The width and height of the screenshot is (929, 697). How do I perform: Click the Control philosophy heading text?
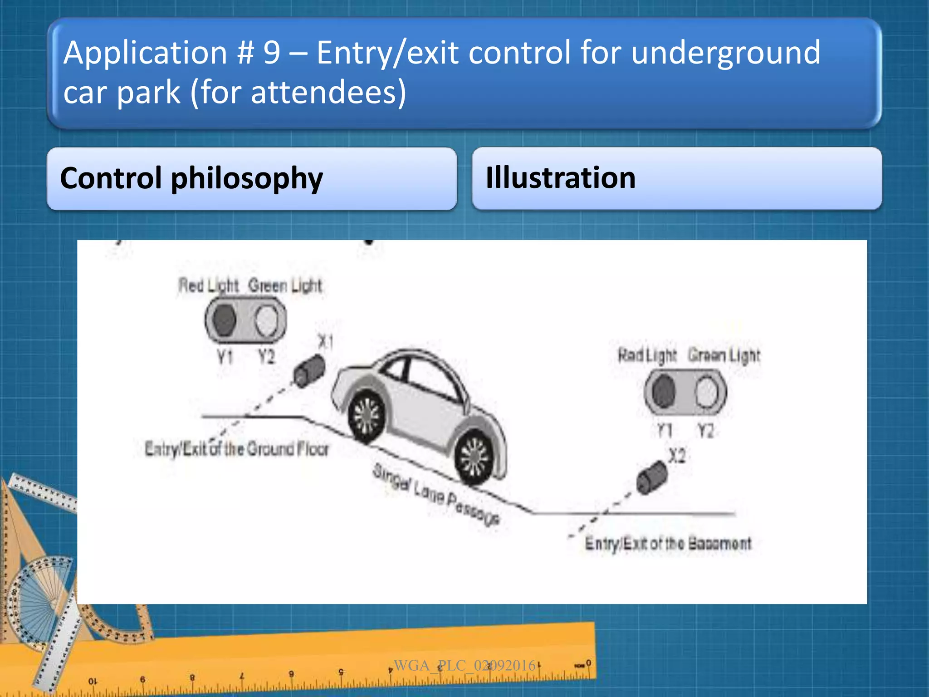pyautogui.click(x=191, y=178)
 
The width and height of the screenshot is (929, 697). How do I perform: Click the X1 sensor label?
pyautogui.click(x=325, y=341)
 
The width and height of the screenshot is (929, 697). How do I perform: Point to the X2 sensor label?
pyautogui.click(x=676, y=455)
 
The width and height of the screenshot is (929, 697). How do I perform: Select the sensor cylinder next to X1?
pyautogui.click(x=309, y=371)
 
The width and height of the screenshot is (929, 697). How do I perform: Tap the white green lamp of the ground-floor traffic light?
pyautogui.click(x=266, y=320)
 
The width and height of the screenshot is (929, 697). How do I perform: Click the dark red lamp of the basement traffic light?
pyautogui.click(x=664, y=392)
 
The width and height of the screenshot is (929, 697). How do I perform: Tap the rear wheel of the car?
pyautogui.click(x=367, y=415)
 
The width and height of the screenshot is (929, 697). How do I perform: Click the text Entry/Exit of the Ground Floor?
pyautogui.click(x=236, y=449)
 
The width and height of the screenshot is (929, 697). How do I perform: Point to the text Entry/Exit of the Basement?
pyautogui.click(x=668, y=543)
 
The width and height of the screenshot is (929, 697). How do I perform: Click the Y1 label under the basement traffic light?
pyautogui.click(x=665, y=430)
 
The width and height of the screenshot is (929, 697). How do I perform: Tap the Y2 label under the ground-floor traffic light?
pyautogui.click(x=267, y=357)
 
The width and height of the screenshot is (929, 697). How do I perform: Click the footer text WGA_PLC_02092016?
pyautogui.click(x=464, y=665)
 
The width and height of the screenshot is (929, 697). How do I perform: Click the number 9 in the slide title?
pyautogui.click(x=272, y=53)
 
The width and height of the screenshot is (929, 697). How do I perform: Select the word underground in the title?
pyautogui.click(x=725, y=53)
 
